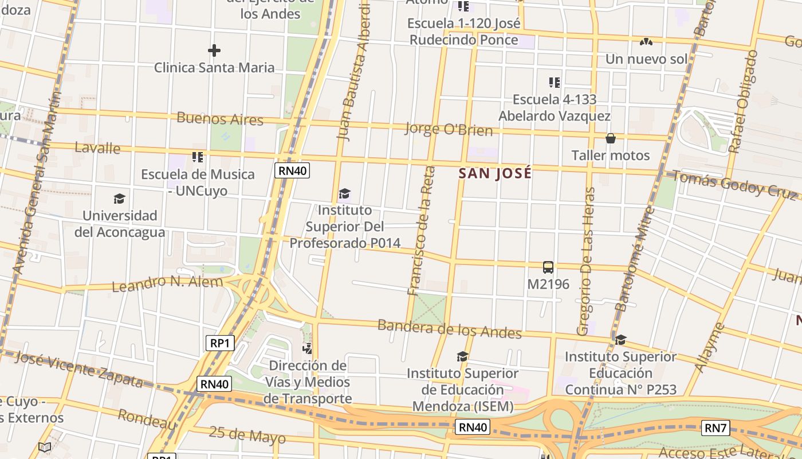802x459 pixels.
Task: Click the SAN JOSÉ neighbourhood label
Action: click(496, 173)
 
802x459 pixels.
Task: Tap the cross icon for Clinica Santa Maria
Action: click(214, 50)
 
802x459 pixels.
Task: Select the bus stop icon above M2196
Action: click(548, 267)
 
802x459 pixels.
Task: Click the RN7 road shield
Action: click(715, 427)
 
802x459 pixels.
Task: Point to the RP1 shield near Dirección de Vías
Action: click(220, 343)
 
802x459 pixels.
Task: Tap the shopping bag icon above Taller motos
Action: click(611, 138)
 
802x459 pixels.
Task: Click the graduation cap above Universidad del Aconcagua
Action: click(119, 199)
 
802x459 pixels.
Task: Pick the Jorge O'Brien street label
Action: click(449, 129)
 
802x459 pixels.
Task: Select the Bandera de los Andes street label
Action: click(450, 329)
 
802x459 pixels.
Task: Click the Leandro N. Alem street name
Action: click(167, 283)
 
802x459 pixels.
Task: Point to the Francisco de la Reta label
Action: click(421, 231)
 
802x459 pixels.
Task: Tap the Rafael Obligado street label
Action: click(744, 102)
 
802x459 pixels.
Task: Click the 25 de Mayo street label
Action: click(247, 435)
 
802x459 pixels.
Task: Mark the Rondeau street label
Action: click(147, 419)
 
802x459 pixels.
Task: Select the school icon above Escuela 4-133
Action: click(554, 83)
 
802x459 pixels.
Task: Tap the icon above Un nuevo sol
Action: click(646, 42)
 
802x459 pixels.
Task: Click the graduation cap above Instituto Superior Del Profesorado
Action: click(344, 194)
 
